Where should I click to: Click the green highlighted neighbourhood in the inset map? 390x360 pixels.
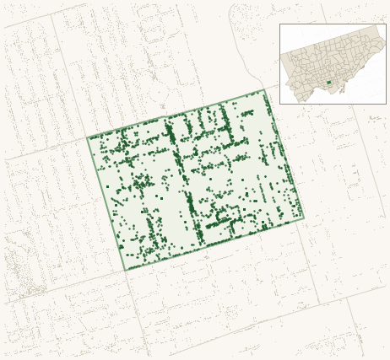328,83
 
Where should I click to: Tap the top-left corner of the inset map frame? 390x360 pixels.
280,24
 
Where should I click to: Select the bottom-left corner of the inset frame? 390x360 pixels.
280,104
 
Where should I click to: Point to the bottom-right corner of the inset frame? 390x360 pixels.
386,104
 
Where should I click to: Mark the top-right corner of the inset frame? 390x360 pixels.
386,24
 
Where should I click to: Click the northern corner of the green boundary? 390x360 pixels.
264,89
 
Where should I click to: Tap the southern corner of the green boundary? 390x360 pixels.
124,271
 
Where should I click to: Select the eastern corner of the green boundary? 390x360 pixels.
303,218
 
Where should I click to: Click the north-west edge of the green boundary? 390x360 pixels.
176,114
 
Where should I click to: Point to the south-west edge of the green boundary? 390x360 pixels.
106,205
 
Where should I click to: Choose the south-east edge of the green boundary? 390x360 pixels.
214,244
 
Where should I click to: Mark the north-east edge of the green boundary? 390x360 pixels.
284,153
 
